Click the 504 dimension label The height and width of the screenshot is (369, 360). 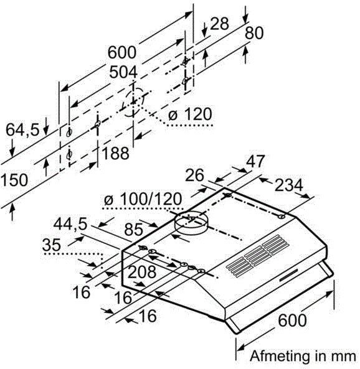point(123,72)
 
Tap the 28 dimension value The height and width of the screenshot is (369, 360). point(219,24)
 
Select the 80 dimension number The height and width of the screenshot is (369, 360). point(254,33)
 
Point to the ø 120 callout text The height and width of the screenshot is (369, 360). point(190,114)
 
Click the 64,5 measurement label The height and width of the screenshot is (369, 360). point(22,129)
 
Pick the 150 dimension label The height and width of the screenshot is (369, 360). point(14,180)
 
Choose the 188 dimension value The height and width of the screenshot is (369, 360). point(115,153)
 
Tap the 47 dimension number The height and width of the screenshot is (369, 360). point(255,161)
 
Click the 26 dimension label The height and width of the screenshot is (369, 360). point(194,175)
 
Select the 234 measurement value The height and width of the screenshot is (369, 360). point(288,185)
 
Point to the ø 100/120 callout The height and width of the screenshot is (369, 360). point(143,199)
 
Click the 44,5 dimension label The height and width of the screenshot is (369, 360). point(70,224)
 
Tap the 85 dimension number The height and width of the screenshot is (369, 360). point(134,230)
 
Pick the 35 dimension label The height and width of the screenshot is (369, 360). point(52,245)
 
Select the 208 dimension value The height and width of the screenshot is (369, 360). point(142,272)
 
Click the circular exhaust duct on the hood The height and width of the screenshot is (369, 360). point(191,223)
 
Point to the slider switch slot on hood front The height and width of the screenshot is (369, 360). point(289,275)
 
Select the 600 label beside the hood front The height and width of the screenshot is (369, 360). point(292,320)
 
